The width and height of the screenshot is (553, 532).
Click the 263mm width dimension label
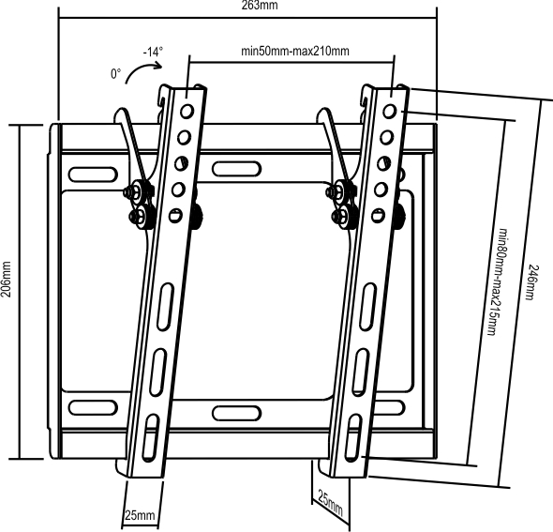260,5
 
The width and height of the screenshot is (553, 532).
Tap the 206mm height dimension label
6,280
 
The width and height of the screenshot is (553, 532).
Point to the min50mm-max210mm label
295,51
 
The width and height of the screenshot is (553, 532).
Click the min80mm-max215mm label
499,282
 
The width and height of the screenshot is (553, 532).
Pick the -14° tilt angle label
153,52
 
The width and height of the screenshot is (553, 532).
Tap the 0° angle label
115,74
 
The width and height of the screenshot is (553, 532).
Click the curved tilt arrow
141,69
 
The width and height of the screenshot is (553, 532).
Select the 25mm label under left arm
140,515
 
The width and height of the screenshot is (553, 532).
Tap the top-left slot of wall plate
93,175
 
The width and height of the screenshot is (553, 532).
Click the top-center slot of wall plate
236,169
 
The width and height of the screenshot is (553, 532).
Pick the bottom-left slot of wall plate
93,407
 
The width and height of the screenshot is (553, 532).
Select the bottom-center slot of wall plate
236,413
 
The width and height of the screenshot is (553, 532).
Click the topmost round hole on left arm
187,112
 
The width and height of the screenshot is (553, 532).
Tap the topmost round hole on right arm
389,112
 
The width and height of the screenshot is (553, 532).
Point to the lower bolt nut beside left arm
142,215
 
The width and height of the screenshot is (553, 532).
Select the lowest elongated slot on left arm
150,436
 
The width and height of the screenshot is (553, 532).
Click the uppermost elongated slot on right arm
367,307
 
